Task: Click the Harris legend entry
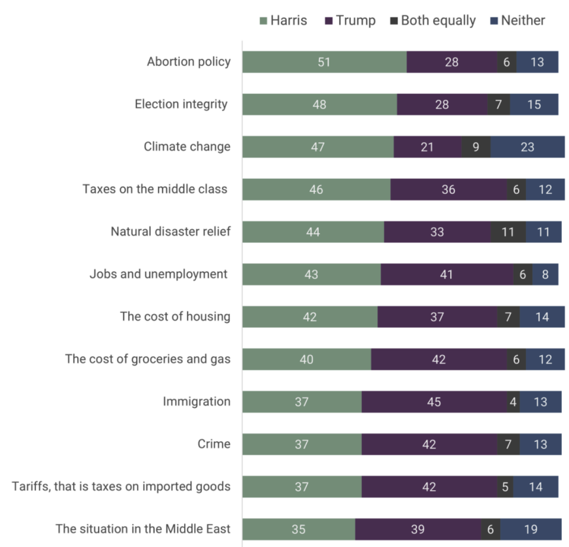tap(283, 20)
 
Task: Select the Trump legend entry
tap(350, 20)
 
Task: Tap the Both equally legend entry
tap(432, 20)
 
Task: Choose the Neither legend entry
tap(517, 20)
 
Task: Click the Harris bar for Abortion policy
tap(324, 62)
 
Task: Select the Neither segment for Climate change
tap(527, 147)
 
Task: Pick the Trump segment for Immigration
tap(434, 401)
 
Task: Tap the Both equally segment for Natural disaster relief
tap(508, 232)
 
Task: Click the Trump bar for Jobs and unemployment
tap(446, 274)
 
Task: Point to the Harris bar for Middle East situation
tap(299, 529)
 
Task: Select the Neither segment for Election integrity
tap(534, 104)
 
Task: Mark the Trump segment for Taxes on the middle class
tap(448, 189)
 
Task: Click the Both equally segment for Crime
tap(508, 444)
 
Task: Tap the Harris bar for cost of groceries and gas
tap(306, 359)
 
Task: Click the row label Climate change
tap(187, 146)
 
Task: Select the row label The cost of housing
tap(175, 317)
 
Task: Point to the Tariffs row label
tap(121, 486)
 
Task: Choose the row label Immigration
tap(197, 401)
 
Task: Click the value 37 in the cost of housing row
tap(437, 317)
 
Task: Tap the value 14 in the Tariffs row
tap(536, 486)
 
